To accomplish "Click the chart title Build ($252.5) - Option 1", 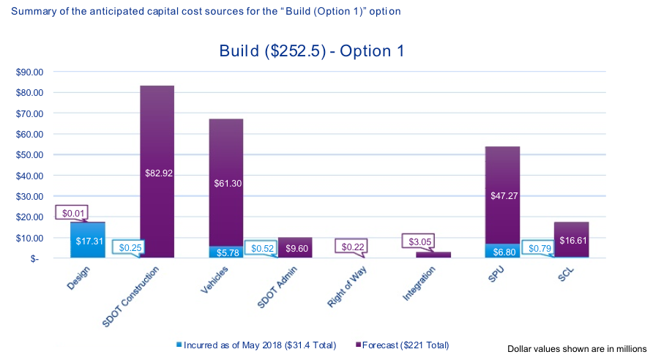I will pos(312,51).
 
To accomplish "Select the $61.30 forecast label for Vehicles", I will pos(226,184).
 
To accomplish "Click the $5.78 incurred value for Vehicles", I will pos(226,252).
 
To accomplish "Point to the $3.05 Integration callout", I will pos(419,241).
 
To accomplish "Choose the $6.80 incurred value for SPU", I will pos(502,250).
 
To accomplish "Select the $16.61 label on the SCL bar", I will pos(572,239).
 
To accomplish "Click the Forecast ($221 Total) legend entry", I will pos(401,344).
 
